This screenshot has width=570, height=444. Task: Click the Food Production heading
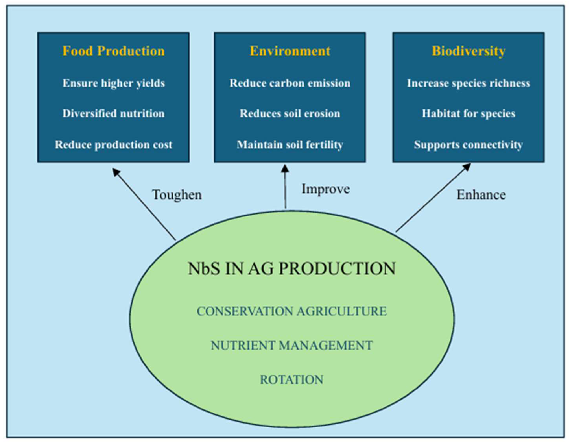tap(113, 51)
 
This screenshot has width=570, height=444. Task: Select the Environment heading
tap(290, 51)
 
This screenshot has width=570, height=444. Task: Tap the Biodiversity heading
tap(469, 51)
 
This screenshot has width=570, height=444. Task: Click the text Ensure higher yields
tap(113, 83)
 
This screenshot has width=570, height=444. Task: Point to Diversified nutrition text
tap(113, 114)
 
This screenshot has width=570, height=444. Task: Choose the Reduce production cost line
tap(113, 145)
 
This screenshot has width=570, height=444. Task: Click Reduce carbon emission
tap(290, 83)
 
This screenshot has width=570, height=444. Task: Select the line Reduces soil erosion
tap(290, 114)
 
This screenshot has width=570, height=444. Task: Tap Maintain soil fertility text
tap(290, 145)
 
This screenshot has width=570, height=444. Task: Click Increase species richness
tap(469, 83)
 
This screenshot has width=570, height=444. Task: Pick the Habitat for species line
tap(469, 114)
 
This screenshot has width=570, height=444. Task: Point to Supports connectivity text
tap(469, 145)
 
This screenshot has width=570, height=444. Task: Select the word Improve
tap(326, 189)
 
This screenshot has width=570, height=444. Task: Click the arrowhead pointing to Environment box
tap(285, 168)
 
